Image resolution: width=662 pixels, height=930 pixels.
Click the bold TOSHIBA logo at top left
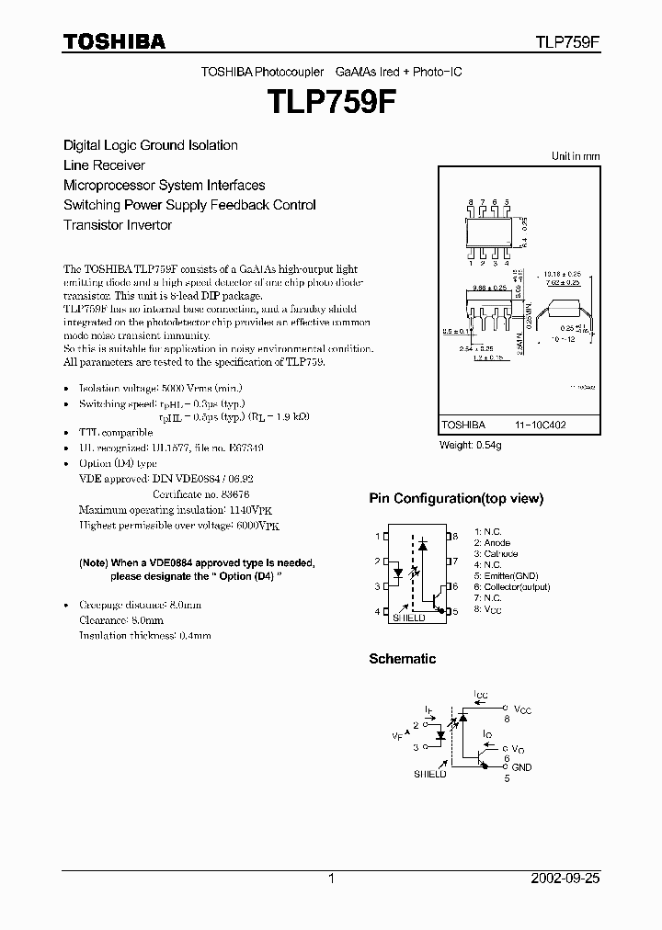[114, 42]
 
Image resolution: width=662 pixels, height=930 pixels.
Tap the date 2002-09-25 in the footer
[565, 879]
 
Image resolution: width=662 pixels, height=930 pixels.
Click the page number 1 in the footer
[331, 879]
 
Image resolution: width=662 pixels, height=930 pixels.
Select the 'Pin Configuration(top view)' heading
[456, 499]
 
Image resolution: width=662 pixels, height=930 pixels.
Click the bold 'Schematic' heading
[402, 659]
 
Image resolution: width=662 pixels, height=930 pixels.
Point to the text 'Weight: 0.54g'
[471, 446]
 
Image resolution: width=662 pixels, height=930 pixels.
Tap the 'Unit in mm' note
[575, 156]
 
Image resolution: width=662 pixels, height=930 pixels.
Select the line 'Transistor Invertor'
[118, 225]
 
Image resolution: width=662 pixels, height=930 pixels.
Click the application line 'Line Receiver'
[104, 165]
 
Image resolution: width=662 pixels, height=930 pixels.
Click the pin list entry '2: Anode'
[493, 543]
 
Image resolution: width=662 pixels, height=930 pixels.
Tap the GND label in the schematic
[521, 767]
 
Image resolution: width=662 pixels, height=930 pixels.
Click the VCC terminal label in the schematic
[522, 710]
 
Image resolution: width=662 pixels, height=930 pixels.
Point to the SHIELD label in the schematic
[429, 775]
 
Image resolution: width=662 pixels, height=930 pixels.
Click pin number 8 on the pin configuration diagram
[455, 536]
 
